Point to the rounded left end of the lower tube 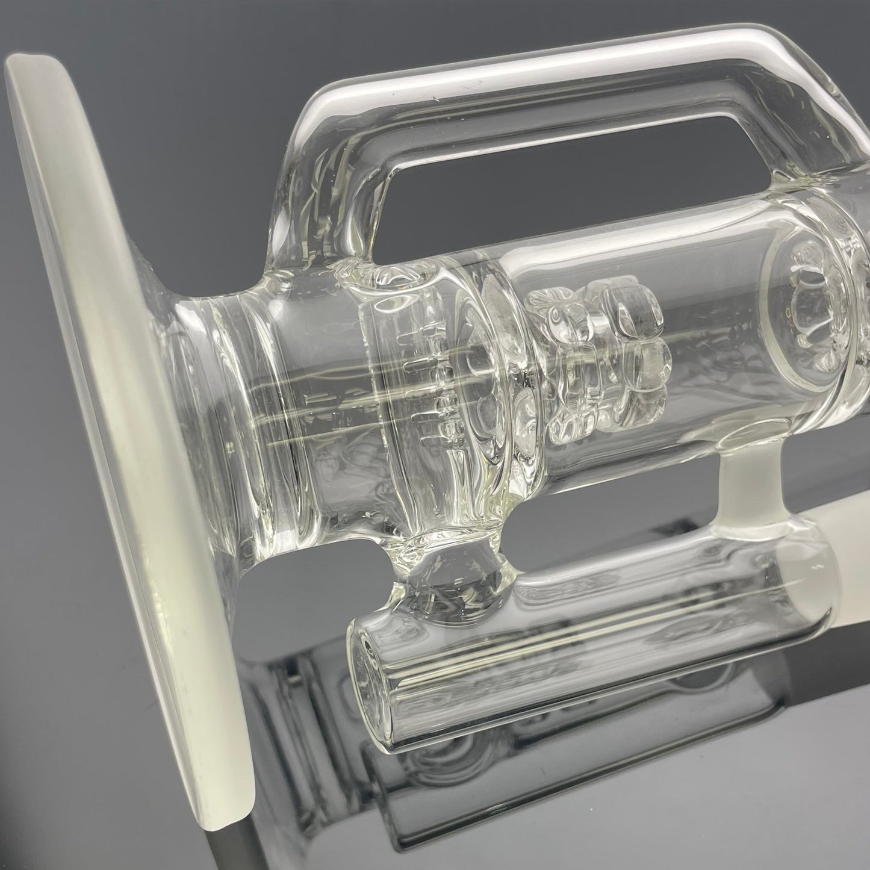(x=373, y=644)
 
